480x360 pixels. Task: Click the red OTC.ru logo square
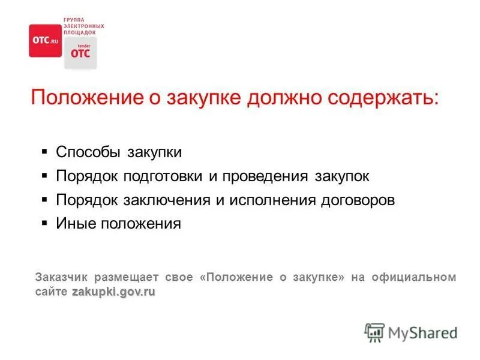pyautogui.click(x=46, y=40)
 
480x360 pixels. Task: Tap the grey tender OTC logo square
pyautogui.click(x=80, y=53)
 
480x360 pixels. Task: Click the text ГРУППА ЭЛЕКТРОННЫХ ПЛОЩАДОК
pyautogui.click(x=83, y=26)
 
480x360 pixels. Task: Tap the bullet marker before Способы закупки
pyautogui.click(x=45, y=152)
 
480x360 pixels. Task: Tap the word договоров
pyautogui.click(x=358, y=200)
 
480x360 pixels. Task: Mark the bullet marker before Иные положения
pyautogui.click(x=45, y=223)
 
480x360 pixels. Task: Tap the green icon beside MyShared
pyautogui.click(x=374, y=332)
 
